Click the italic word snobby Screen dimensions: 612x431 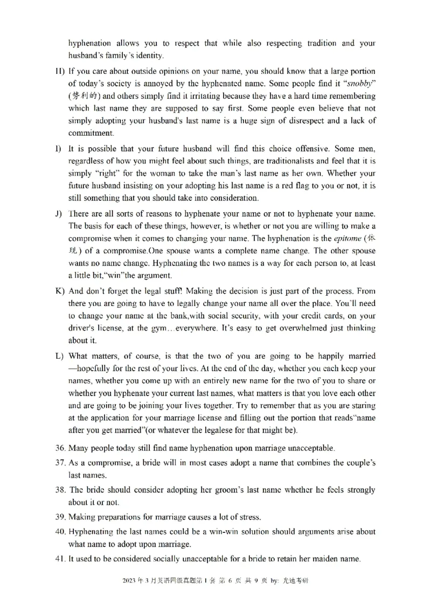(360, 84)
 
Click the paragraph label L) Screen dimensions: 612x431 (60, 357)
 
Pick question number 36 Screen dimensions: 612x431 (60, 448)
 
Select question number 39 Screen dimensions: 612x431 (60, 517)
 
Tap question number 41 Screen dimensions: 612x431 (60, 559)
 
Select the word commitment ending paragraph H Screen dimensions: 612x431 (91, 133)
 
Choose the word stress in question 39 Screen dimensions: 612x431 (249, 517)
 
